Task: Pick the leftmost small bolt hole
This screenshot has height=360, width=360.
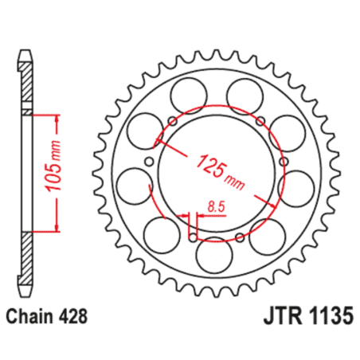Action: point(146,167)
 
